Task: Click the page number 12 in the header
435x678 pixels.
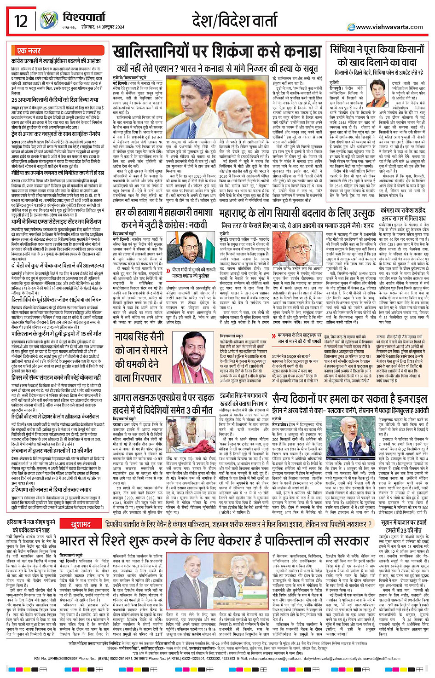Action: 21,21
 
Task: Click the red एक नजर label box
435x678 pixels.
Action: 29,51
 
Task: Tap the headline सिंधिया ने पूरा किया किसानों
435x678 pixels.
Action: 376,49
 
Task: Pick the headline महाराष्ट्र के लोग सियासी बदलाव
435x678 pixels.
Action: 296,213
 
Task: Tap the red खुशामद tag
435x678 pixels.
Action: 81,524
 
